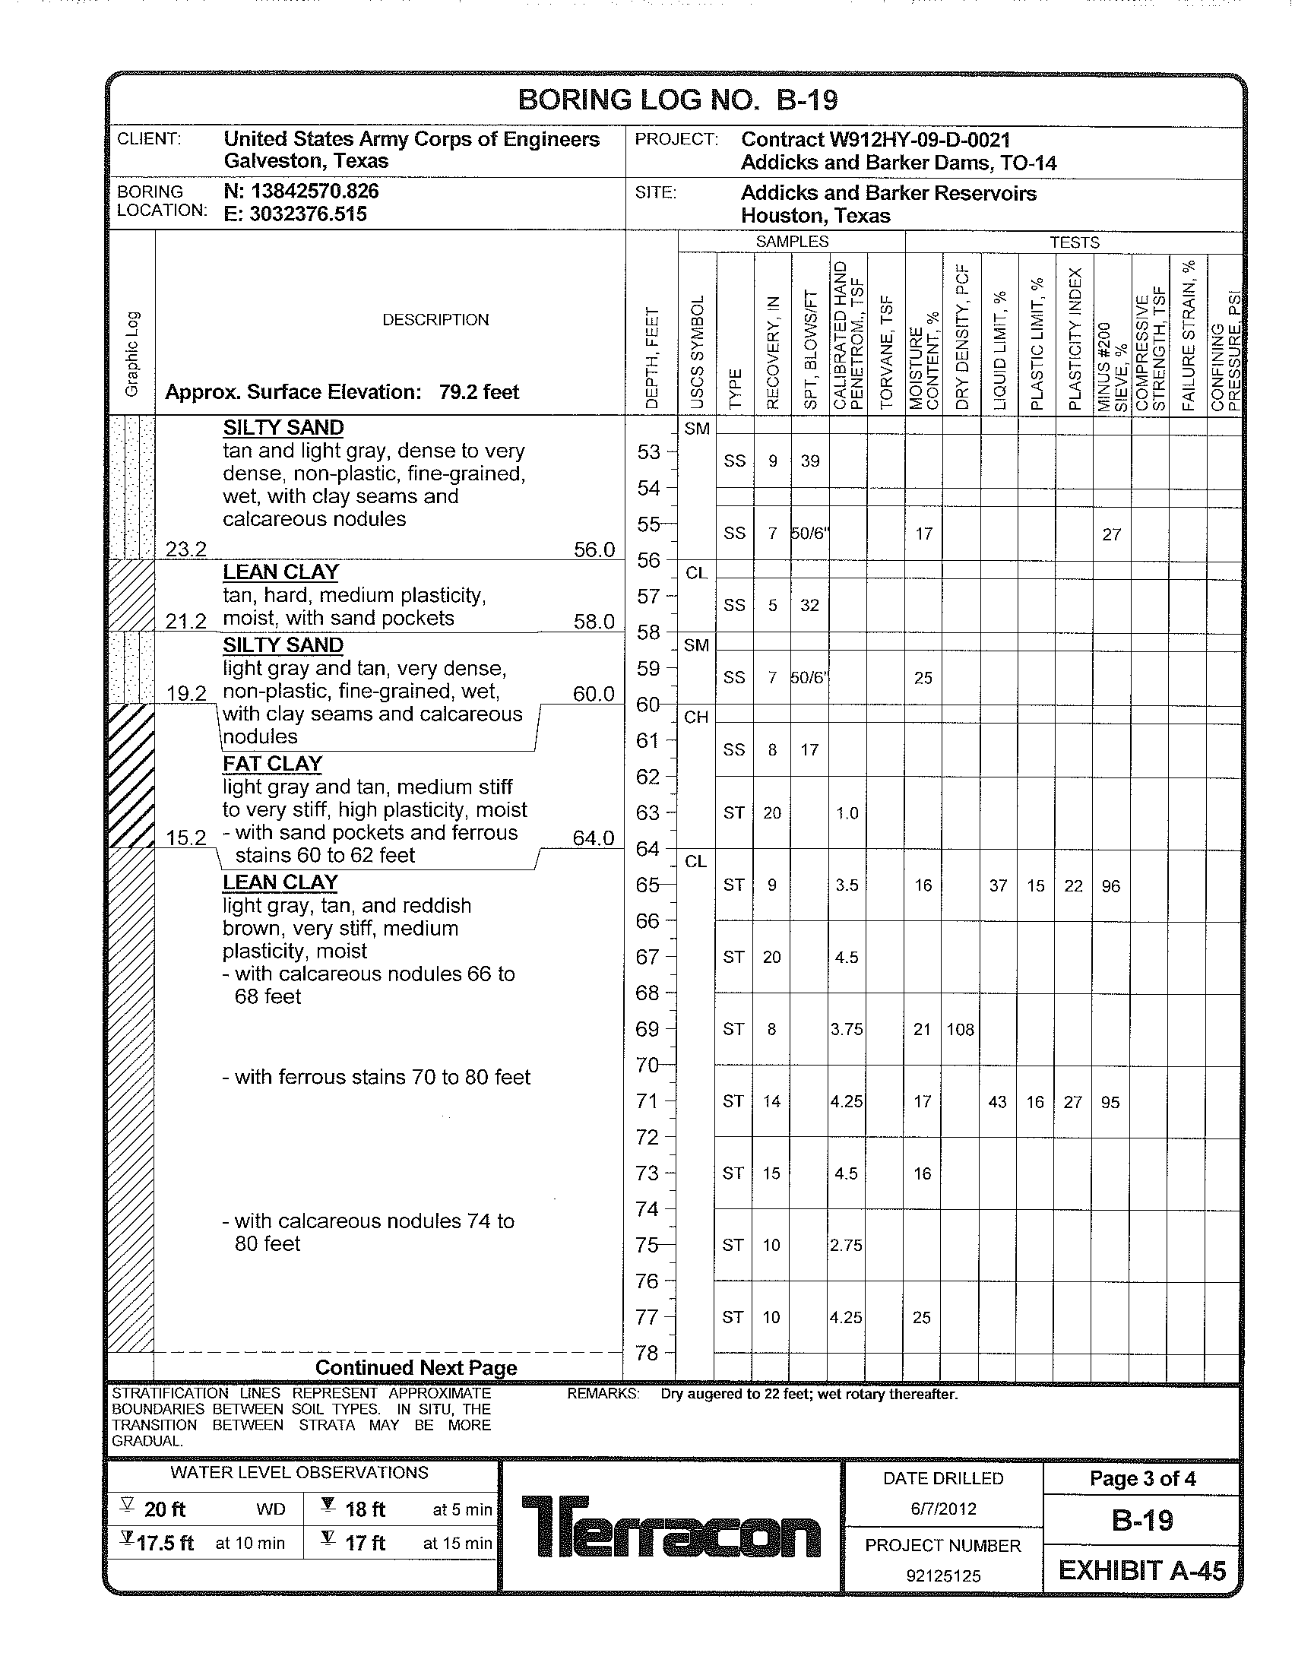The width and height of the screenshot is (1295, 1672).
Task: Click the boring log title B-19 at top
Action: pyautogui.click(x=677, y=100)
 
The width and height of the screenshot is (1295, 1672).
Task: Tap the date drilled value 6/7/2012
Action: pyautogui.click(x=943, y=1509)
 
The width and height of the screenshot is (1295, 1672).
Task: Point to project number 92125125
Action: pyautogui.click(x=943, y=1575)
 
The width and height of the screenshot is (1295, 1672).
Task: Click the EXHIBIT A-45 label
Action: pyautogui.click(x=1142, y=1570)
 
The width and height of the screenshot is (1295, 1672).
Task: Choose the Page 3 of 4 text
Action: pyautogui.click(x=1142, y=1478)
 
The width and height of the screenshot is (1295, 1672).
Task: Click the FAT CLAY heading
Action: pyautogui.click(x=273, y=764)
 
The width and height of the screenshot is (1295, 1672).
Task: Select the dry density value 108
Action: pyautogui.click(x=960, y=1030)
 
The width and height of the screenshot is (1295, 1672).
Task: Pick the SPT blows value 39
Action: pyautogui.click(x=810, y=461)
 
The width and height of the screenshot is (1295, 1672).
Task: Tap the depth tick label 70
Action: pyautogui.click(x=647, y=1065)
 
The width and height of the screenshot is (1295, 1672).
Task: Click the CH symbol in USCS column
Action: pyautogui.click(x=695, y=717)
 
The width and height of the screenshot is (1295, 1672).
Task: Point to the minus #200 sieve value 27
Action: pyautogui.click(x=1111, y=534)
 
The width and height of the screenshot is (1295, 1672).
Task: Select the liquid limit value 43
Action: pyautogui.click(x=997, y=1102)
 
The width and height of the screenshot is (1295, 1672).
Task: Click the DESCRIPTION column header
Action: pyautogui.click(x=435, y=320)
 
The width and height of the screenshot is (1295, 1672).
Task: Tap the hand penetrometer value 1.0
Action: pyautogui.click(x=847, y=813)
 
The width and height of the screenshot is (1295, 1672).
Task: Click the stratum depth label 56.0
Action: pyautogui.click(x=594, y=549)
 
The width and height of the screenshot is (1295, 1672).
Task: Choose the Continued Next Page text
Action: pyautogui.click(x=416, y=1367)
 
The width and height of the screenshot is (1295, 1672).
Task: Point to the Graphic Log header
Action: pyautogui.click(x=131, y=353)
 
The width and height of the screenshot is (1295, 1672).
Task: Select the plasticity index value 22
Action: pyautogui.click(x=1073, y=885)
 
